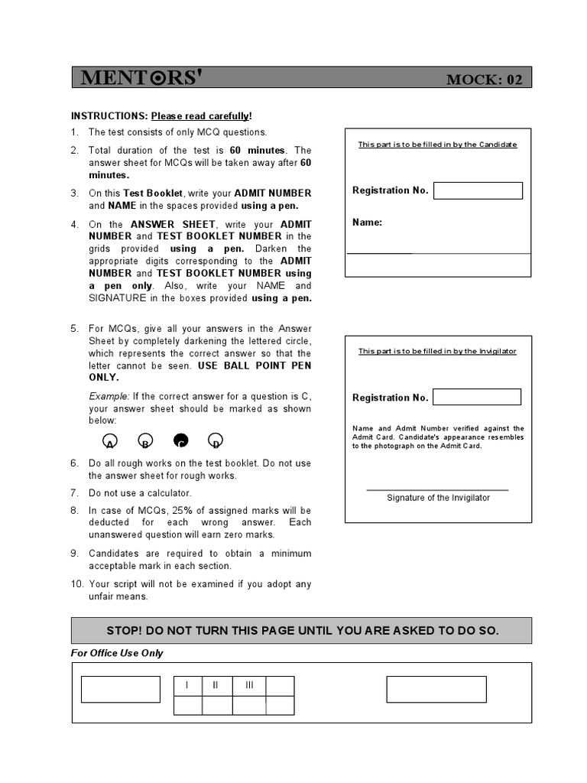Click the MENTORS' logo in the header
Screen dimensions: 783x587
pyautogui.click(x=142, y=78)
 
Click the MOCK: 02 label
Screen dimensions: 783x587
pyautogui.click(x=485, y=80)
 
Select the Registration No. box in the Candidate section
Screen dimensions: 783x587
pyautogui.click(x=478, y=190)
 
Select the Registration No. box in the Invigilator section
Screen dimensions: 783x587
pyautogui.click(x=477, y=397)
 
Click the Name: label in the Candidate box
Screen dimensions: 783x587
pyautogui.click(x=367, y=223)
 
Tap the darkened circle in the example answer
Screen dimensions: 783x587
pyautogui.click(x=180, y=440)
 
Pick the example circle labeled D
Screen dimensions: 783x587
pyautogui.click(x=216, y=440)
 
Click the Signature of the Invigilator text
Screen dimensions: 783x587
pyautogui.click(x=438, y=498)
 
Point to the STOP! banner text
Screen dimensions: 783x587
pyautogui.click(x=301, y=631)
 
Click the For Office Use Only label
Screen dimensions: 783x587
pyautogui.click(x=117, y=653)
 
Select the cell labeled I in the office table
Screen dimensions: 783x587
pyautogui.click(x=188, y=685)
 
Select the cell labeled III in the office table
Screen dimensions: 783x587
pyautogui.click(x=249, y=685)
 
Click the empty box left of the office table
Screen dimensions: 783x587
pyautogui.click(x=121, y=689)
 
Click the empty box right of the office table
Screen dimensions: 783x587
pyautogui.click(x=436, y=689)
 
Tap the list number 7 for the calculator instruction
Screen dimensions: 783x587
pyautogui.click(x=75, y=493)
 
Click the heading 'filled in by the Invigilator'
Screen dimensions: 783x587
pyautogui.click(x=437, y=351)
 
